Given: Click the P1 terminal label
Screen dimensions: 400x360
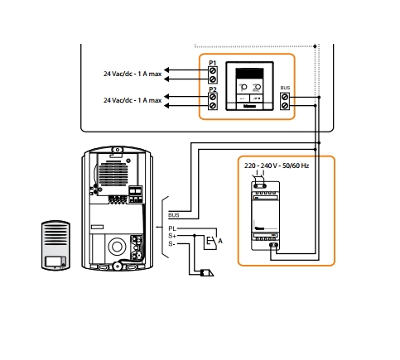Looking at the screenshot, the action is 212,63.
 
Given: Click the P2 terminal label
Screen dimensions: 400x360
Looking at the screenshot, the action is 213,89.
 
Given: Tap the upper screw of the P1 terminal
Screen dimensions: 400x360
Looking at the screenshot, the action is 213,70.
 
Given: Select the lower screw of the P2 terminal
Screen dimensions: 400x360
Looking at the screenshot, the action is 213,105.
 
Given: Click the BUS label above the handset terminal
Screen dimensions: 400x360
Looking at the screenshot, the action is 285,88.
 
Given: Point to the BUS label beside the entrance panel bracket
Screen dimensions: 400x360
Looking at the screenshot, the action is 174,215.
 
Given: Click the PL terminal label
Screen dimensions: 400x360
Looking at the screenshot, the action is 172,228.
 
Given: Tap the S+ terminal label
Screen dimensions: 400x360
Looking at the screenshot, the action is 172,236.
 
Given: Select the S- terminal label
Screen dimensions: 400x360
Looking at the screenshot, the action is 171,244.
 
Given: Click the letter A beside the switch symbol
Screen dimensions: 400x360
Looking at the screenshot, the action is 220,241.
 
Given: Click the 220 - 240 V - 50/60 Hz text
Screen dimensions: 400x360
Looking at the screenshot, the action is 277,166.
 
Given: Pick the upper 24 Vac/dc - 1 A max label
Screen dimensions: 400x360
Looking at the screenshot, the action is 133,74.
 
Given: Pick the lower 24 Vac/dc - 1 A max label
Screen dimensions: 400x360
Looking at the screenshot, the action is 133,100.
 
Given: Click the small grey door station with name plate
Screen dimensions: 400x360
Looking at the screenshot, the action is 55,245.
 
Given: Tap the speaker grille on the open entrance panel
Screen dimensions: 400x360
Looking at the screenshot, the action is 113,175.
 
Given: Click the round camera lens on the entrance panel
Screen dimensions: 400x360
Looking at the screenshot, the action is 117,247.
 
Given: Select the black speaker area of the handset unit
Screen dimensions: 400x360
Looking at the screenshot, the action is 249,74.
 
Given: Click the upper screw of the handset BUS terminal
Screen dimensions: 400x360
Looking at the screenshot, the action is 285,97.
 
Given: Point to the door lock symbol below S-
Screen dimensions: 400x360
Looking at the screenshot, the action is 207,273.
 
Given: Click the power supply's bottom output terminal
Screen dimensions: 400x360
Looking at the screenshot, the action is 274,245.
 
